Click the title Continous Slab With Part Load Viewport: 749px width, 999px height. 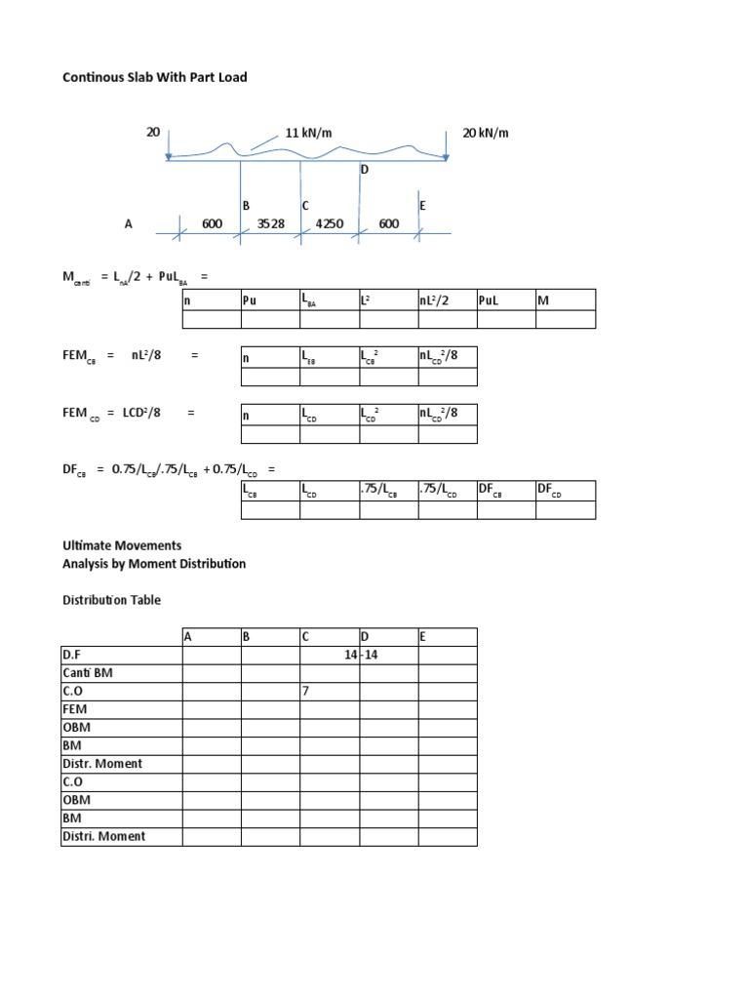(x=155, y=77)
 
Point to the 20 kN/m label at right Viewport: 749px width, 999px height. (x=486, y=133)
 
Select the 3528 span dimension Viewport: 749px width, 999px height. (x=270, y=223)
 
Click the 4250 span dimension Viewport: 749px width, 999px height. (x=330, y=223)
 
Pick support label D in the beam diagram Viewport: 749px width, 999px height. (x=365, y=170)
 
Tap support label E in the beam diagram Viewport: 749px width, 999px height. (x=422, y=206)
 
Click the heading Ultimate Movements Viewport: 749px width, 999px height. (x=122, y=545)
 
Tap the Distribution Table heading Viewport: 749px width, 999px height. (x=111, y=600)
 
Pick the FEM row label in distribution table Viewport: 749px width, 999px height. (x=75, y=709)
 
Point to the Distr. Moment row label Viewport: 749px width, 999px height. (x=101, y=763)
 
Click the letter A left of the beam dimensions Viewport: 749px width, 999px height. (x=128, y=223)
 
